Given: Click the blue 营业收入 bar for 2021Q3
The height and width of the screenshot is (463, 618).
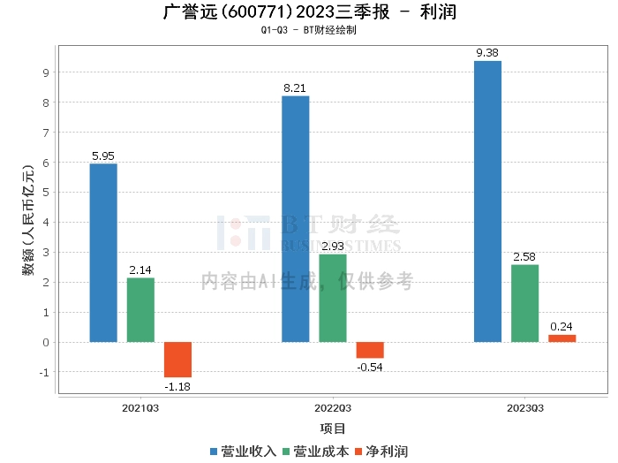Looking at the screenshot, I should click(103, 253).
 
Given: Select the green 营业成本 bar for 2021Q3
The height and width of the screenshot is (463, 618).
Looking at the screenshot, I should click(140, 310).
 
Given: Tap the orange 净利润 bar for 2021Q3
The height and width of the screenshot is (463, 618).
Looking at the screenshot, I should click(177, 360).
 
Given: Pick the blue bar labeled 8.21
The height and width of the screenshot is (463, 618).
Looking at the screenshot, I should click(295, 219).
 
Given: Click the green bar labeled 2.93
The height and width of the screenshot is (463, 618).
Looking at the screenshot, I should click(332, 298).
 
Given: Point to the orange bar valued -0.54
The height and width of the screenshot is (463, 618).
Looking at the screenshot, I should click(370, 350).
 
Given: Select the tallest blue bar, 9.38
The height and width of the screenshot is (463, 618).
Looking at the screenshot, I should click(487, 201).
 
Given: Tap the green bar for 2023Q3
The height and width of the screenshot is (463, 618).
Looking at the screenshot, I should click(524, 303).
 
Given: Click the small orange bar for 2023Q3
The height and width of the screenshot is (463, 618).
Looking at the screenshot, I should click(561, 338).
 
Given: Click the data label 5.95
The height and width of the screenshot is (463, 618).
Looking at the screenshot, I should click(103, 156).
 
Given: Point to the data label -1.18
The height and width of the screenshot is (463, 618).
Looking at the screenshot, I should click(177, 386).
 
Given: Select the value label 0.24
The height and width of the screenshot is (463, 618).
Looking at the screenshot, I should click(561, 327).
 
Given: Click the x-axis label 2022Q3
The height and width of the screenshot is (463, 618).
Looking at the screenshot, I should click(333, 408).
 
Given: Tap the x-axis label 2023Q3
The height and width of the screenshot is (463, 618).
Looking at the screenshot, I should click(524, 408).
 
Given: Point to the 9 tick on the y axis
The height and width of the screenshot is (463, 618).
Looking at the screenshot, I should click(46, 72).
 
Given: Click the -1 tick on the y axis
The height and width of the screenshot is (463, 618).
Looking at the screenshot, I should click(44, 372).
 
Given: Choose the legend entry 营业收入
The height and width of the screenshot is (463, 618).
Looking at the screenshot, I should click(245, 451).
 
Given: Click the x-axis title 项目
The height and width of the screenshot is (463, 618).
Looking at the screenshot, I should click(333, 429).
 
